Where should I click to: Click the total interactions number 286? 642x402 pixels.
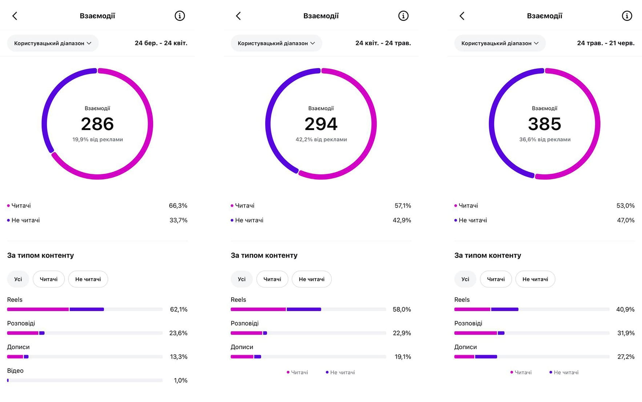coord(97,124)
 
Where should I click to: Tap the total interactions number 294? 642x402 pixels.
coord(321,124)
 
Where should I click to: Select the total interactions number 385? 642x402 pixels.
coord(545,124)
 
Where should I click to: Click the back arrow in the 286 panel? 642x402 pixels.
coord(15,16)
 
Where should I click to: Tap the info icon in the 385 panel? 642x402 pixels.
coord(627,16)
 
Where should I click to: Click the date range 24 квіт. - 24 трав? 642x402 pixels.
coord(383,43)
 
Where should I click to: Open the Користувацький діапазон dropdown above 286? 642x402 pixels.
coord(53,43)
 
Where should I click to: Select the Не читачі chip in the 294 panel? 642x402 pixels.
coord(312,279)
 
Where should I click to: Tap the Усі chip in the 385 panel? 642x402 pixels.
coord(465,279)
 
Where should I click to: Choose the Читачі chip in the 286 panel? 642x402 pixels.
coord(49,279)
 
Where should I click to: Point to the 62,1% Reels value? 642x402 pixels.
coord(179,309)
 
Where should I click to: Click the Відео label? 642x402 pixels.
coord(15,371)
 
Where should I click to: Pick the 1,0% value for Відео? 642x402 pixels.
coord(181,380)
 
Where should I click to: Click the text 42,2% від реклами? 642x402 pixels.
coord(321,140)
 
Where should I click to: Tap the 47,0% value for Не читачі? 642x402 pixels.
coord(626,220)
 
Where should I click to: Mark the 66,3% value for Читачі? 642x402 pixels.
coord(178,206)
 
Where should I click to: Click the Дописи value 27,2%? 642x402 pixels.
coord(626,357)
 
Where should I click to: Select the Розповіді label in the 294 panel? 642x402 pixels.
coord(245,323)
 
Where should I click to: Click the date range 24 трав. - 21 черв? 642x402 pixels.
coord(606,43)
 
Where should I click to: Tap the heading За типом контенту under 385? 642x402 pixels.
coord(488,256)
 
